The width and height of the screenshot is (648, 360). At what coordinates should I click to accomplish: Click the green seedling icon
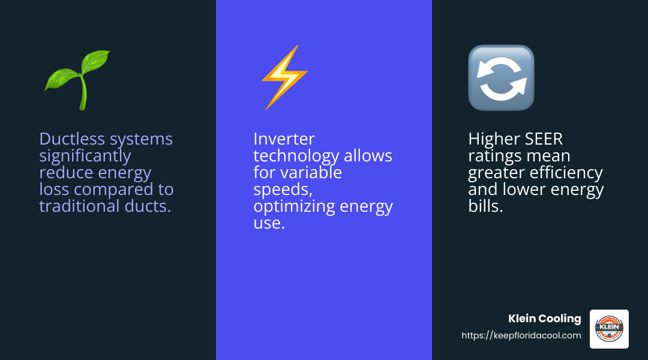click(x=78, y=79)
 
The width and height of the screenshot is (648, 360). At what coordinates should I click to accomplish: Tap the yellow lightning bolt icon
click(x=284, y=78)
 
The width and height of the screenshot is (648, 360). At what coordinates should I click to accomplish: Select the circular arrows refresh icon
click(x=501, y=78)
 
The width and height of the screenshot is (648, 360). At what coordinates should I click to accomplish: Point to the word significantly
click(x=85, y=157)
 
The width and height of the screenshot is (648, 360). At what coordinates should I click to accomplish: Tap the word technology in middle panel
click(x=296, y=157)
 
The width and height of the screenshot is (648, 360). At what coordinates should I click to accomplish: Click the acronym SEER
click(x=545, y=139)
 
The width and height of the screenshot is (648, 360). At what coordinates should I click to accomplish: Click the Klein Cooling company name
click(x=545, y=319)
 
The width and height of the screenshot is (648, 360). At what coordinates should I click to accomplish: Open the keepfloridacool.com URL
click(x=521, y=336)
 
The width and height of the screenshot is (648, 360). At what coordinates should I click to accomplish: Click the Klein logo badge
click(x=609, y=329)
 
